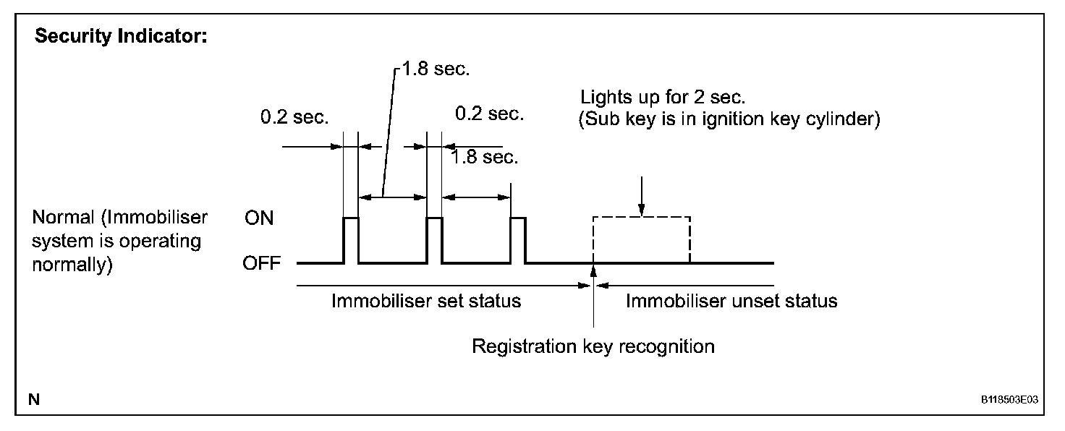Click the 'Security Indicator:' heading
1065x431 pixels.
click(x=121, y=37)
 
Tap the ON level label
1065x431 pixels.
click(x=259, y=218)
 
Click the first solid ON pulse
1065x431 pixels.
click(x=350, y=239)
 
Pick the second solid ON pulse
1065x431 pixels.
click(x=435, y=239)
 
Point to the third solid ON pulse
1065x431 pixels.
click(x=518, y=239)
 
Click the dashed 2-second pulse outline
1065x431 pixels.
click(x=641, y=218)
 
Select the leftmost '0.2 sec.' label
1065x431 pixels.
click(x=294, y=118)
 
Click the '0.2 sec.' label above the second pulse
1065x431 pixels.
click(x=489, y=114)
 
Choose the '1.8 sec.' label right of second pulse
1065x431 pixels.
click(x=483, y=157)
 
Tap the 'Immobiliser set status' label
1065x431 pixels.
click(x=426, y=301)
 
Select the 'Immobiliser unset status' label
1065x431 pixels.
click(x=731, y=301)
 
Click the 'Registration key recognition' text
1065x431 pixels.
click(x=593, y=346)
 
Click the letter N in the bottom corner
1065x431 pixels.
click(x=34, y=399)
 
